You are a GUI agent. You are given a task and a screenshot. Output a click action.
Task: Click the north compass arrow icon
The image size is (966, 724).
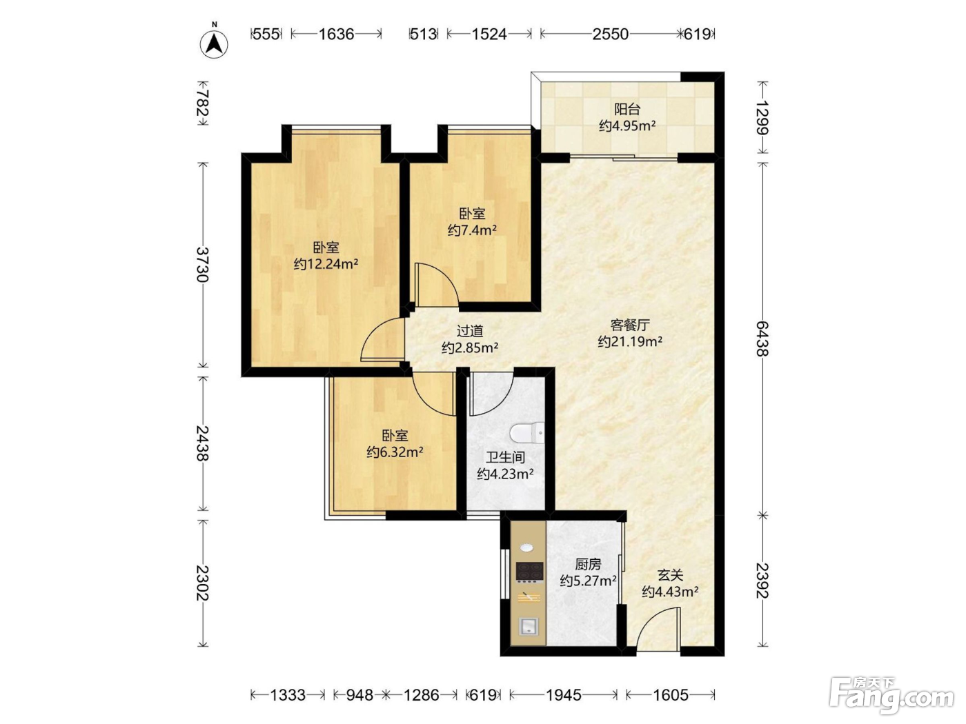(x=214, y=44)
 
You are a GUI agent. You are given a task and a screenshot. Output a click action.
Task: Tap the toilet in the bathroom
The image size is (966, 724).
(x=527, y=432)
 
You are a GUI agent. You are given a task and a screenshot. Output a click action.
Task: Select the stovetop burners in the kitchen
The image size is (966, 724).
(x=529, y=572)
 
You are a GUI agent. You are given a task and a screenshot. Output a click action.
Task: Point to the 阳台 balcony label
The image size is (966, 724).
(x=627, y=109)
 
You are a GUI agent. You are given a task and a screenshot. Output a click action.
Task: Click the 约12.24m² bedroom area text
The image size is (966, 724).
(x=326, y=264)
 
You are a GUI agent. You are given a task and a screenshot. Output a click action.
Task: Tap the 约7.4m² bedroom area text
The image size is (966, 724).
(x=472, y=230)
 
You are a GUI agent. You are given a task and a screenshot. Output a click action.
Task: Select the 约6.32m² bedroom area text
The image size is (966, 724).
(x=395, y=452)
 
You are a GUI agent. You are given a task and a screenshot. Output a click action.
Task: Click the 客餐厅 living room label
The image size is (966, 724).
(x=630, y=325)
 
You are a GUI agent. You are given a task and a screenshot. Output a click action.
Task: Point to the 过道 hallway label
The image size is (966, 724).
(x=470, y=330)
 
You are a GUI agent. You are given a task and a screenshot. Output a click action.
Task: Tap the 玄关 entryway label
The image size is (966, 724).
(x=670, y=575)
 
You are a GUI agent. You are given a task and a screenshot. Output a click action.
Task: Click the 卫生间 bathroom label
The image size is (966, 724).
(x=505, y=457)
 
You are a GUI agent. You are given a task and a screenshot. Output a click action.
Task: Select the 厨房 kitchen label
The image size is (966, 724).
(x=587, y=564)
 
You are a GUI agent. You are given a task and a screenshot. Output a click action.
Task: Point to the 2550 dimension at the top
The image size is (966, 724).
(x=611, y=34)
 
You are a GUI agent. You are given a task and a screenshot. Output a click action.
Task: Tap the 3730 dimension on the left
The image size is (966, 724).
(x=202, y=264)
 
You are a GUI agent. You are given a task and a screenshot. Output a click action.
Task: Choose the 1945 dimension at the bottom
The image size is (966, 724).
(x=564, y=695)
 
